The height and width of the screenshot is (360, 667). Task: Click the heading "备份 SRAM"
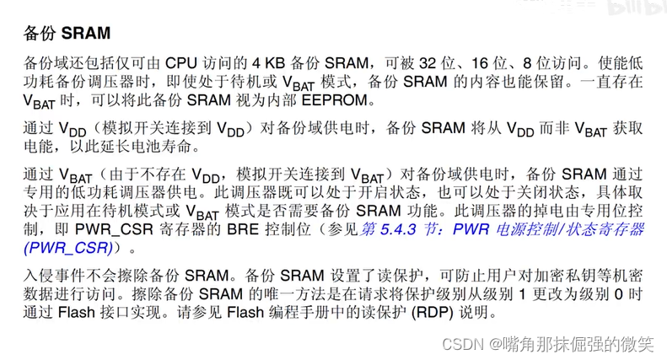68,35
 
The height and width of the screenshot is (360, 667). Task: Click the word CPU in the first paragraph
181,63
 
